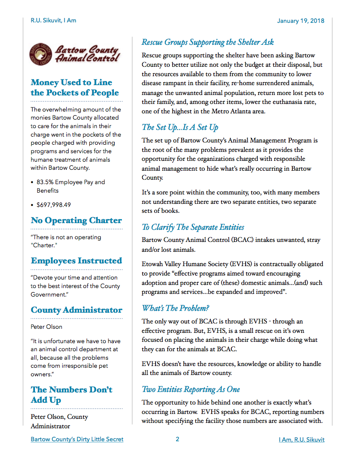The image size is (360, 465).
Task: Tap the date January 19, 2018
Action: click(x=300, y=21)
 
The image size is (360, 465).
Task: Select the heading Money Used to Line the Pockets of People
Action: click(x=75, y=88)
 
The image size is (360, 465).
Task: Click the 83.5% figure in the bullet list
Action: click(x=46, y=182)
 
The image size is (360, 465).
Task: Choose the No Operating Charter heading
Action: click(x=76, y=220)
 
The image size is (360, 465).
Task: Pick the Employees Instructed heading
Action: click(x=76, y=261)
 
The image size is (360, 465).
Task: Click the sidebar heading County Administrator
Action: click(x=76, y=310)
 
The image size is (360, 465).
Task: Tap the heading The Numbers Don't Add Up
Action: click(x=71, y=395)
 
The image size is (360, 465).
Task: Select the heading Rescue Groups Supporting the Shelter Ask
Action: click(x=208, y=43)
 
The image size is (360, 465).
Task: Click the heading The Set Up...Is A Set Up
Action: click(x=180, y=128)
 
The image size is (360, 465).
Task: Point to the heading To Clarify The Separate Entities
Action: click(x=193, y=227)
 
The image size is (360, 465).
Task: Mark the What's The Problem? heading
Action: click(x=175, y=308)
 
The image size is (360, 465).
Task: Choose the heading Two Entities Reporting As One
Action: click(x=191, y=389)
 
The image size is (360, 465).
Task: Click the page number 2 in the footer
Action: click(x=178, y=439)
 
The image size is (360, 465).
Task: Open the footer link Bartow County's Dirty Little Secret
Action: click(x=77, y=439)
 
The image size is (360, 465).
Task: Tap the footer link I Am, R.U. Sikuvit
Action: click(x=301, y=439)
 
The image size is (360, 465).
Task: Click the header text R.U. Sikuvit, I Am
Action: click(x=53, y=21)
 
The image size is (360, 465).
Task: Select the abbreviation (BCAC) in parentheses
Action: click(x=243, y=240)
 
